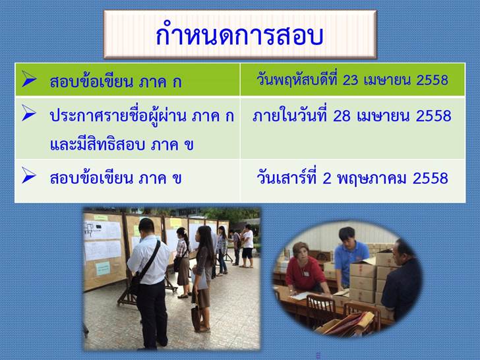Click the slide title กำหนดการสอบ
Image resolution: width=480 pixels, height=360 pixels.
(x=239, y=34)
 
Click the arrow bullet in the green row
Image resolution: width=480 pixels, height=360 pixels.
(x=29, y=78)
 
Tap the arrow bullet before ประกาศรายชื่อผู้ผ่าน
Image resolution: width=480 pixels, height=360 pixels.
(x=29, y=113)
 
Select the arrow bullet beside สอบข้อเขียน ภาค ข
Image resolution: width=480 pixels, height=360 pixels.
(x=29, y=175)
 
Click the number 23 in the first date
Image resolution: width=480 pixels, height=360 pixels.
(x=350, y=80)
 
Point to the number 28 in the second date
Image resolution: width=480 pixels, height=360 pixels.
(x=342, y=116)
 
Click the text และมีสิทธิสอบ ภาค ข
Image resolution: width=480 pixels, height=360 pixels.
(x=122, y=144)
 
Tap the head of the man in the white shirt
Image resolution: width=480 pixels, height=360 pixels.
(x=146, y=227)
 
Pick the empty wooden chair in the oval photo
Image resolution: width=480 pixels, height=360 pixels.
(x=320, y=310)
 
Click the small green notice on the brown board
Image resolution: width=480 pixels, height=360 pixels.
(x=103, y=268)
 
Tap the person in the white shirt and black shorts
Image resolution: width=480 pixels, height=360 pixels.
(x=247, y=246)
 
